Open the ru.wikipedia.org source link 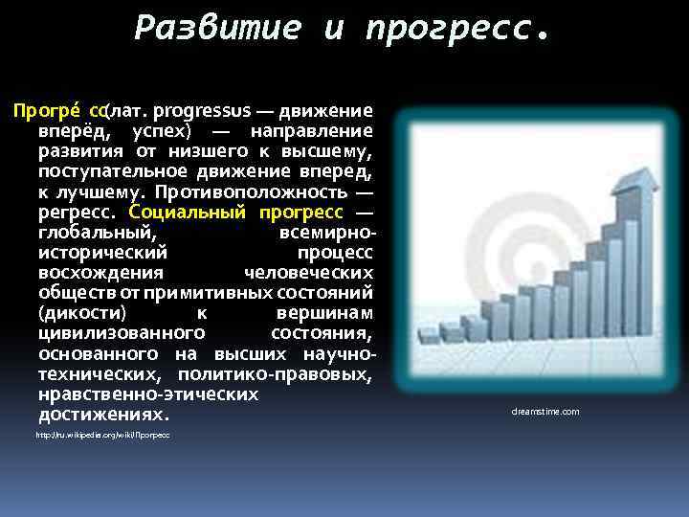[x=103, y=436]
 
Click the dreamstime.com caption [x=545, y=412]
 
